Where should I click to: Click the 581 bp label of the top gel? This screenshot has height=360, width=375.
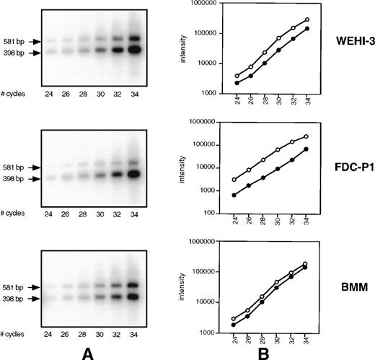click(13, 41)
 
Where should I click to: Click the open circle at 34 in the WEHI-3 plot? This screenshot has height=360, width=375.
click(306, 20)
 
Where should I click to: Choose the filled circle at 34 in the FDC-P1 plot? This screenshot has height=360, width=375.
click(306, 149)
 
